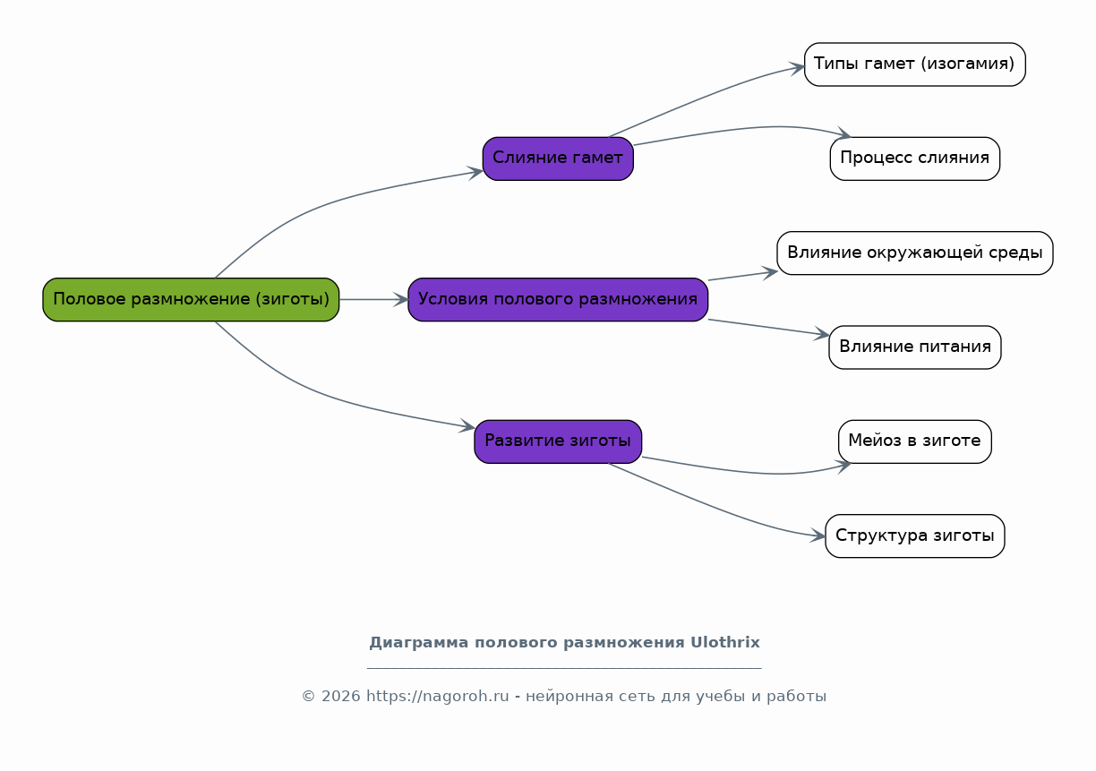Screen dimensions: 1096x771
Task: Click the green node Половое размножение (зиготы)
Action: coord(191,299)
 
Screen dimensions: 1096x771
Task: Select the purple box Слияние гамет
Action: coord(558,158)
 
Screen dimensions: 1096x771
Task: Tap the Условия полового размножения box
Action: coord(558,299)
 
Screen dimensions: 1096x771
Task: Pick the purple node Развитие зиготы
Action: coord(558,441)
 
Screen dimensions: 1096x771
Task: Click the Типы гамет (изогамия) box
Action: coord(914,64)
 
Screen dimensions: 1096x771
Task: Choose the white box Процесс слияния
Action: coord(914,158)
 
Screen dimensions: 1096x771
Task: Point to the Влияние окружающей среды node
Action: coord(914,253)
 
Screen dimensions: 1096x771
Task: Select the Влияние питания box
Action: coord(914,347)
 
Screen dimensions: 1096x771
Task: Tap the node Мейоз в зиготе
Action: coord(914,441)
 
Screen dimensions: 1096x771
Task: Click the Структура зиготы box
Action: coord(914,535)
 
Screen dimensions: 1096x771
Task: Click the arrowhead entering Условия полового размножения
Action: coord(401,299)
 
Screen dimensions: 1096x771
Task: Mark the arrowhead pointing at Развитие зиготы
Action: coord(467,426)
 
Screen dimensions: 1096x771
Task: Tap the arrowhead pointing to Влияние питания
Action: coord(822,334)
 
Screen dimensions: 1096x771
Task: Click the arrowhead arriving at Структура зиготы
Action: coord(818,535)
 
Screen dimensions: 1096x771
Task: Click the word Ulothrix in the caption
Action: coord(724,642)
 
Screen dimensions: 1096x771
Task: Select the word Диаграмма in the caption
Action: coord(419,643)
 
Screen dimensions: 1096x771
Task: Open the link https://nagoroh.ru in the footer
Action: coord(438,696)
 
